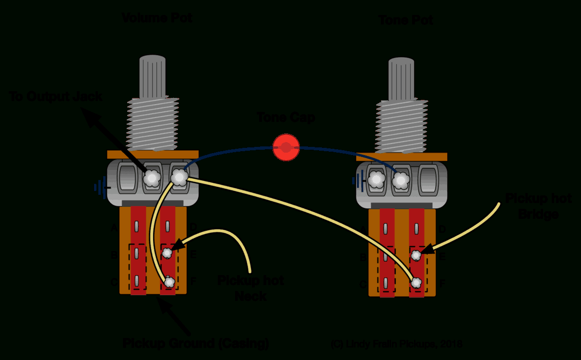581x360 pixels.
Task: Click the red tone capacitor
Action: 286,147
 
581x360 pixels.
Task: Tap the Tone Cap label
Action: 286,117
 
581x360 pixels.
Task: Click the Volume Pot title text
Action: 157,18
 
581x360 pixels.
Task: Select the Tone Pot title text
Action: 405,21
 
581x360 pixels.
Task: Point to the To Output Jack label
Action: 56,96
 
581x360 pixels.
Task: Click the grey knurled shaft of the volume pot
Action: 153,77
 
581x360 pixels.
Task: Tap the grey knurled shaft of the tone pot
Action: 401,80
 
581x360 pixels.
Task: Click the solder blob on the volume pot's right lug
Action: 179,178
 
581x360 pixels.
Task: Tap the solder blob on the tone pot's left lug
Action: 377,180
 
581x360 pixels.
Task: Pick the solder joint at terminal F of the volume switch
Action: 169,282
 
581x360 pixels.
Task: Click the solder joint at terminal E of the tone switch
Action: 416,255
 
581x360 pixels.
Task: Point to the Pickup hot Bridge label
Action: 538,206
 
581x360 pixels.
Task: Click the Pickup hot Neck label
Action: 250,288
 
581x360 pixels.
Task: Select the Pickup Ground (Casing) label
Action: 196,344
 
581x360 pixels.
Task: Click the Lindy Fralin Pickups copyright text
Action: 396,344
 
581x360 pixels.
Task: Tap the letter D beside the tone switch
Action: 442,230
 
